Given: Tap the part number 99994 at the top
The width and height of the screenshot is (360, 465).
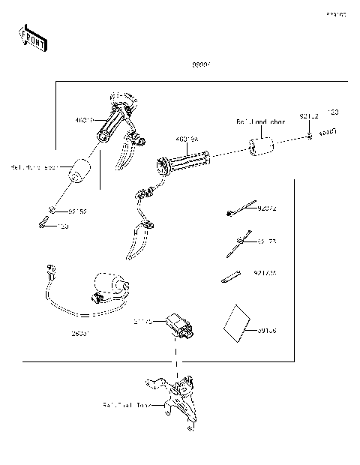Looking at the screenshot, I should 200,67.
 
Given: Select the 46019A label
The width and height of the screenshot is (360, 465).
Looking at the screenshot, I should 187,139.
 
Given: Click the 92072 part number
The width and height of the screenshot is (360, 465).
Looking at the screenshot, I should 266,209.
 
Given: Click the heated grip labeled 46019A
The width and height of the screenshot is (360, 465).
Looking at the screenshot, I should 183,160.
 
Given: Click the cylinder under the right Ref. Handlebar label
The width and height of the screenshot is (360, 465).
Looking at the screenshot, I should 260,147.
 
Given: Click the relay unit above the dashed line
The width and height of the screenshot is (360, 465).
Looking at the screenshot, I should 180,324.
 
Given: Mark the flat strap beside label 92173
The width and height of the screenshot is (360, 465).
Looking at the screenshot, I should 229,277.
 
